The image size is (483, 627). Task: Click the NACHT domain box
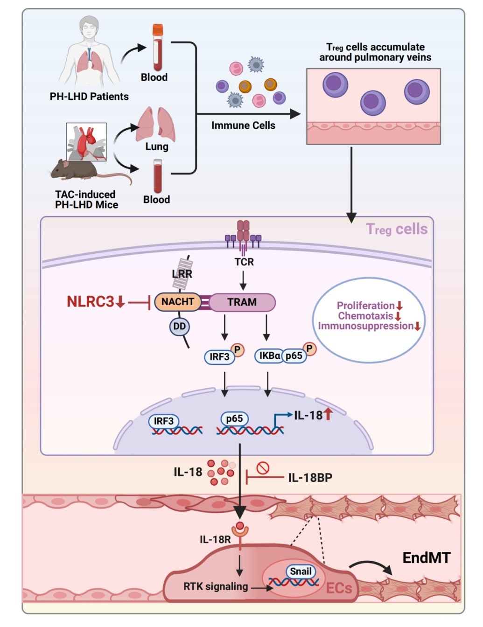(177, 302)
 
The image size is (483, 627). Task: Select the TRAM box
(242, 302)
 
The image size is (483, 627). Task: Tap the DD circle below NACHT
(179, 327)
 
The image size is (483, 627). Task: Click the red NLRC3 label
(91, 302)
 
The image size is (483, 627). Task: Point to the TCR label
(244, 262)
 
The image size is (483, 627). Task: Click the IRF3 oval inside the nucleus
(164, 421)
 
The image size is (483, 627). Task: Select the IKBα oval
(269, 356)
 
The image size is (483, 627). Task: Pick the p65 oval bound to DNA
(234, 418)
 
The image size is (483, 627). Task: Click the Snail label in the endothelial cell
(301, 571)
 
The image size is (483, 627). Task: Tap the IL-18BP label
(310, 478)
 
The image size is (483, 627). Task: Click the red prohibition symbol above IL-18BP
(263, 467)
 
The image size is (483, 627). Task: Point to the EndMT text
(427, 558)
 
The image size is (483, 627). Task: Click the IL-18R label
(215, 540)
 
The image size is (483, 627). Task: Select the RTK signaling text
(216, 586)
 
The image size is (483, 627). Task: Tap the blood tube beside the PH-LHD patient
(158, 48)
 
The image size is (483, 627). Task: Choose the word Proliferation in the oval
(365, 306)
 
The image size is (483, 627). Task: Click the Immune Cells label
(243, 125)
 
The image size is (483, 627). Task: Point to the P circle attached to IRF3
(238, 349)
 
